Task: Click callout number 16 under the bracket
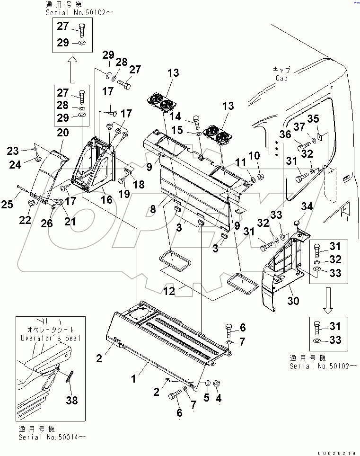pos(107,199)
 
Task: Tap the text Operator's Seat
pos(51,338)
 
